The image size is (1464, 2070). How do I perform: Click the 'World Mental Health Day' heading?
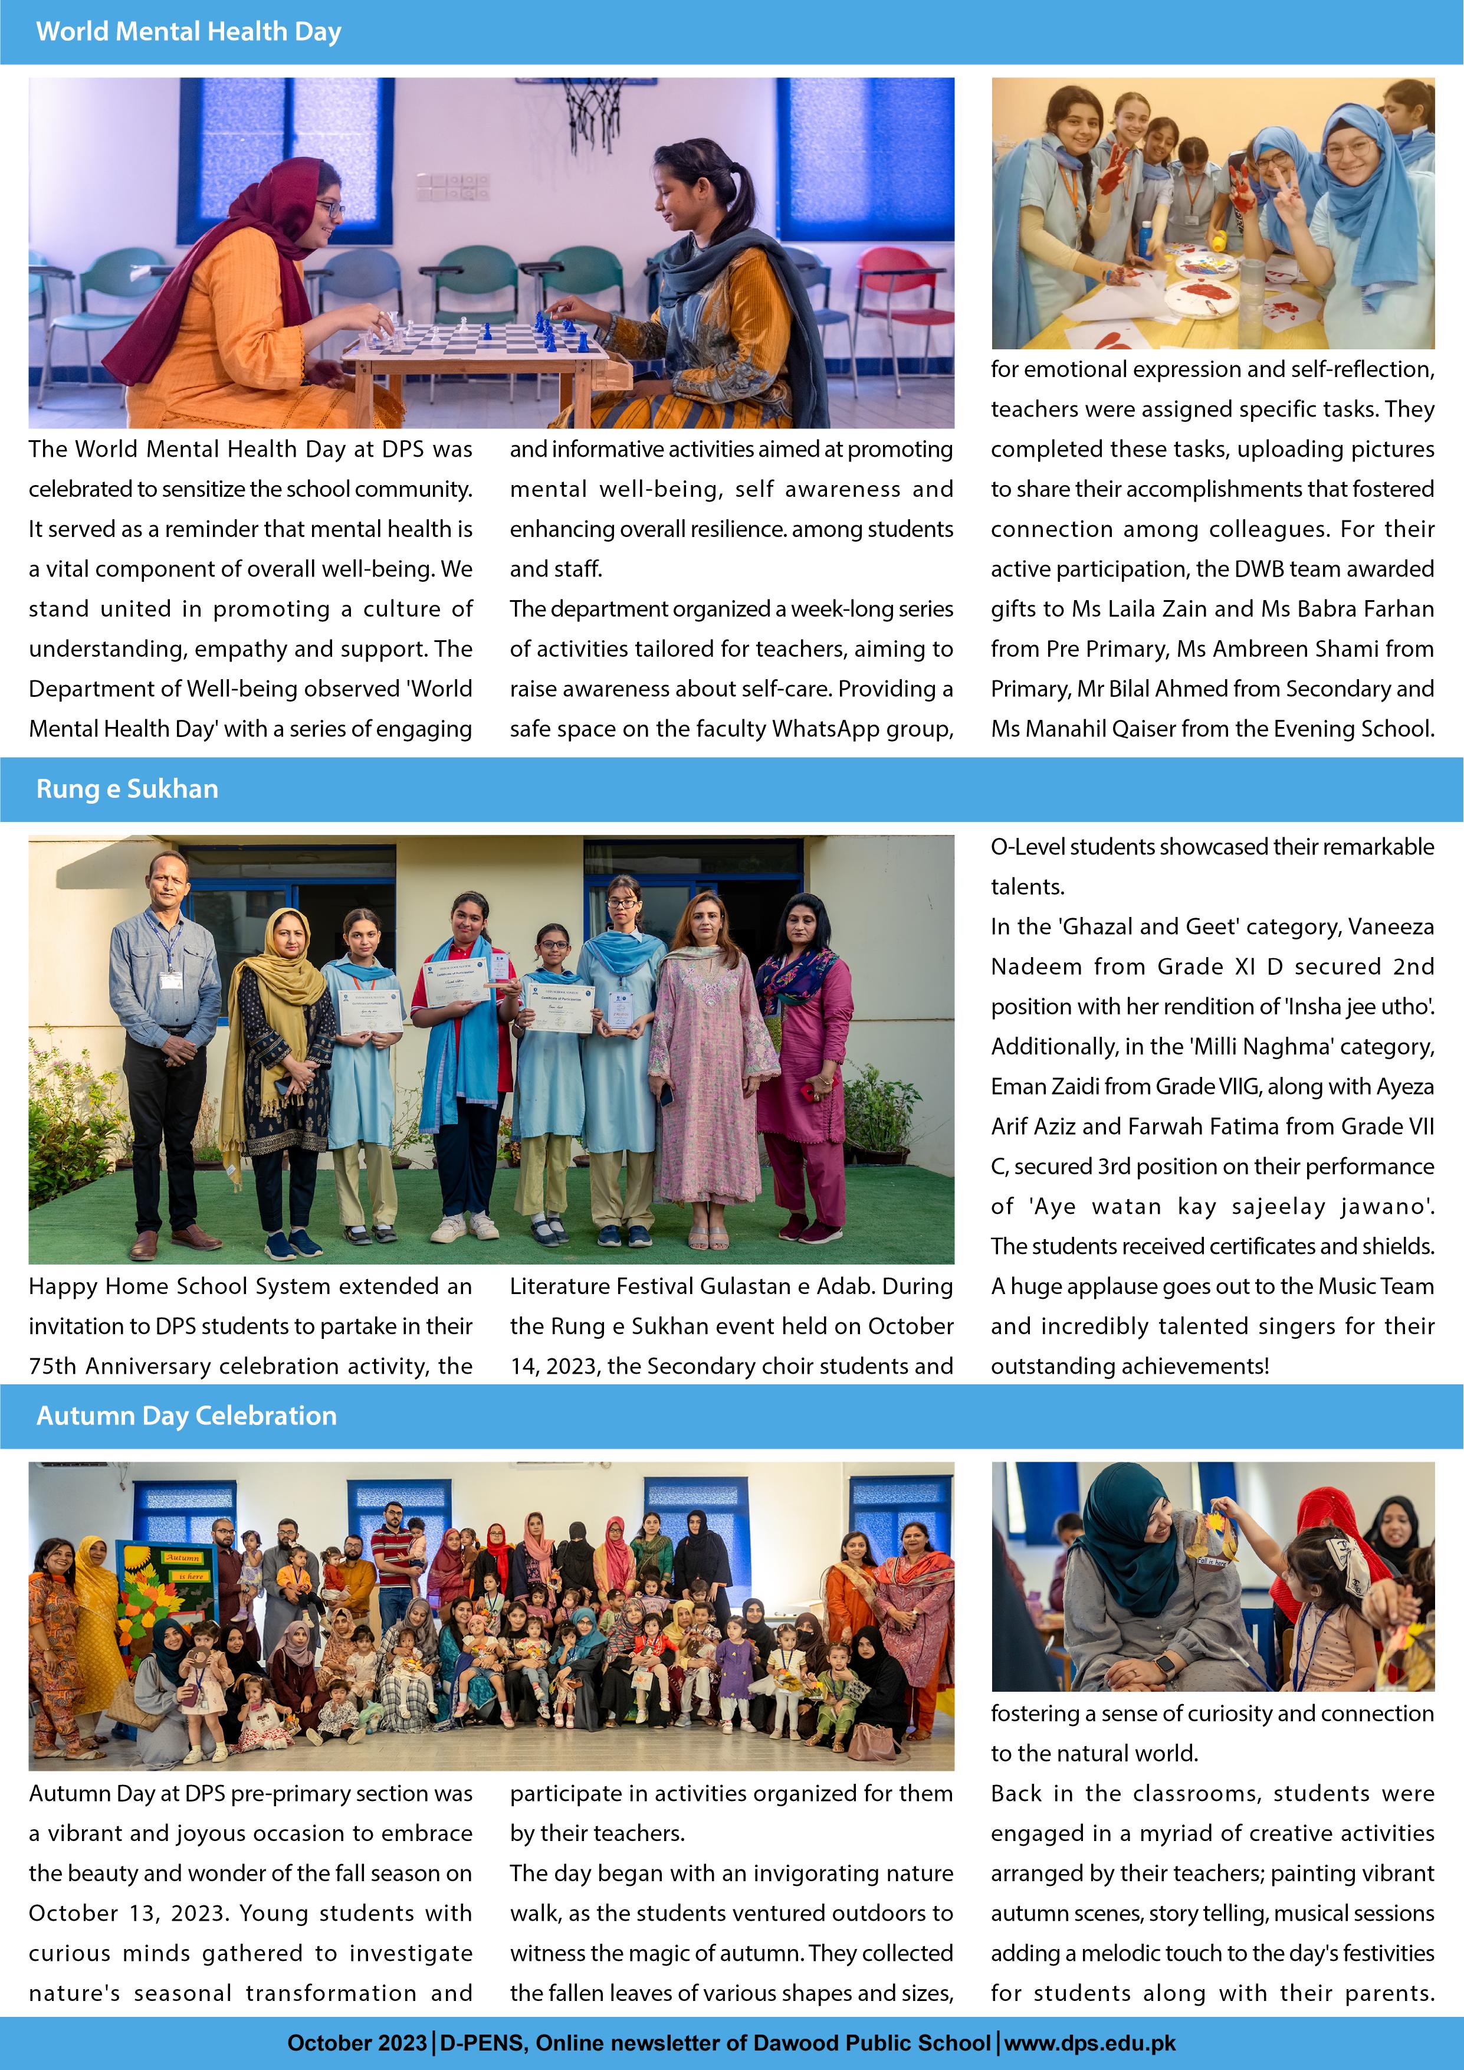click(x=188, y=31)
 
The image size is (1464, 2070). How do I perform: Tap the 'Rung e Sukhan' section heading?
click(x=127, y=789)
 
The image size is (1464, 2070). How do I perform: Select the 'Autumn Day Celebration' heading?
click(x=186, y=1416)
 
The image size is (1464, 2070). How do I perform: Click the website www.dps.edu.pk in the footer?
click(x=1090, y=2043)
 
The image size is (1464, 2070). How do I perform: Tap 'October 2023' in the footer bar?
click(x=357, y=2043)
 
